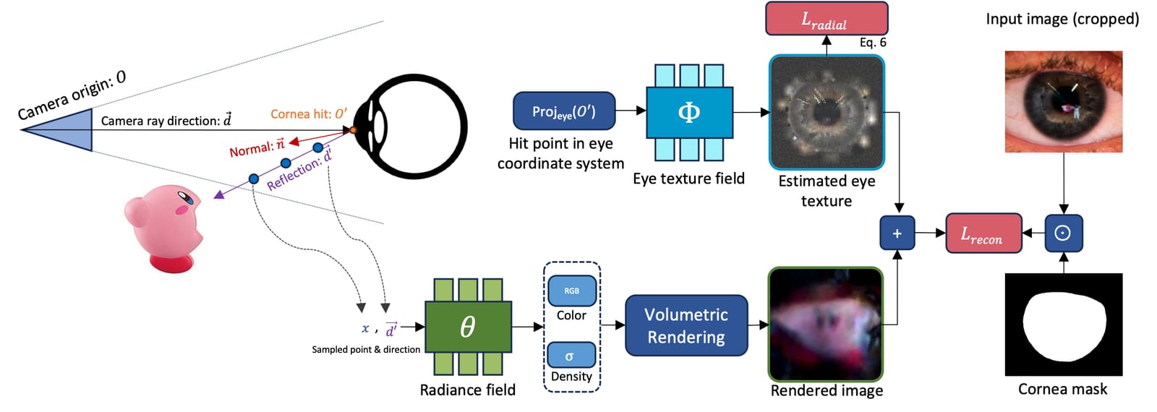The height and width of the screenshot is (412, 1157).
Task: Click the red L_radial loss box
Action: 827,19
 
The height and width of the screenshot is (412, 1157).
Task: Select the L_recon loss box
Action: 983,233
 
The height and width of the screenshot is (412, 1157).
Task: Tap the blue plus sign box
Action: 897,233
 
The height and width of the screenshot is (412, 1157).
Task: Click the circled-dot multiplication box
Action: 1064,233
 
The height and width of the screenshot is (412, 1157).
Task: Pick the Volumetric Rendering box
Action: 686,325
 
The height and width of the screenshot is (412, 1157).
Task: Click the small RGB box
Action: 572,291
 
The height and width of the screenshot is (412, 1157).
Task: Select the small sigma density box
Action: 571,355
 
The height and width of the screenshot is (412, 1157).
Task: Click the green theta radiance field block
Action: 468,326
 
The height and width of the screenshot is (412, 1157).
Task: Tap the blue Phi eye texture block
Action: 689,113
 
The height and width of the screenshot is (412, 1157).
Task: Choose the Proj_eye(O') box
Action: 564,111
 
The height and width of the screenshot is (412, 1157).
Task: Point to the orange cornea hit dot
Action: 353,130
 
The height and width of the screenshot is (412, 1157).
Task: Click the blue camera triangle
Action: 57,130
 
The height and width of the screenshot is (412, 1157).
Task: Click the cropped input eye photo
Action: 1064,101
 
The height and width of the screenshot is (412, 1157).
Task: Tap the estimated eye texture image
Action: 827,112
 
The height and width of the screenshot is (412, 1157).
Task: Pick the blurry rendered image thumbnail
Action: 826,325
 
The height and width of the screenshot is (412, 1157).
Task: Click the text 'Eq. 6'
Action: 873,43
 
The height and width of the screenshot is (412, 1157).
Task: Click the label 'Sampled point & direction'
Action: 366,350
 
